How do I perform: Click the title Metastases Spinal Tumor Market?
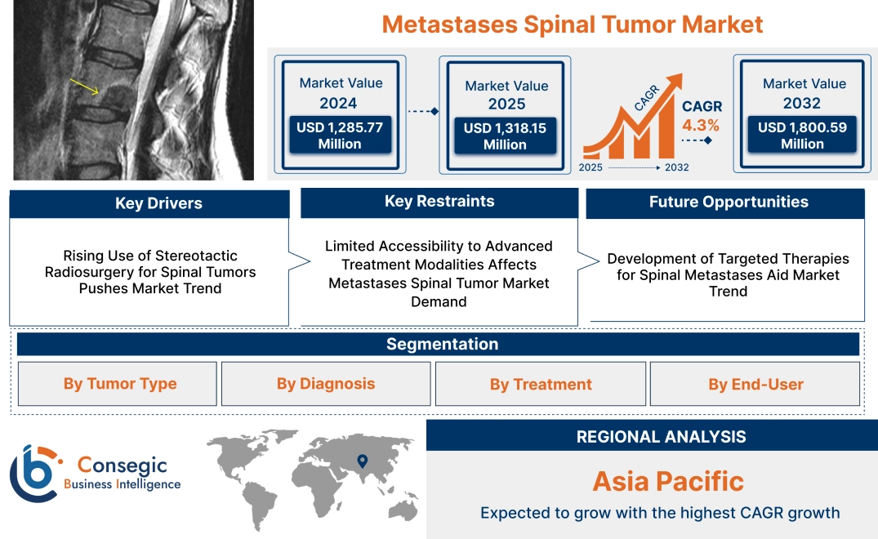coord(573,24)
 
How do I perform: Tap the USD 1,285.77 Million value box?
coord(339,136)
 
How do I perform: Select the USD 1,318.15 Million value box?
coord(505,136)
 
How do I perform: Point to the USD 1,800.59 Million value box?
coord(802,136)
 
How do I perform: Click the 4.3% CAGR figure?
coord(701,125)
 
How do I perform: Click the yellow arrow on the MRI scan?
coord(85,87)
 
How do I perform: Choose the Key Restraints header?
coord(439,202)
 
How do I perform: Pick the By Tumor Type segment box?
coord(120,384)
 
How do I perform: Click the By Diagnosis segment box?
coord(326,384)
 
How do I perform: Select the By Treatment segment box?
coord(541,384)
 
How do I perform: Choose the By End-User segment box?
coord(755,384)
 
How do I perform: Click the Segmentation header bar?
coord(442,344)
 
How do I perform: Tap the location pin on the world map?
coord(363,462)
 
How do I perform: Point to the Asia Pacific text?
coord(667,481)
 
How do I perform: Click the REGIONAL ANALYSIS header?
coord(661,436)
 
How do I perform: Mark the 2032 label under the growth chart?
coord(676,167)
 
